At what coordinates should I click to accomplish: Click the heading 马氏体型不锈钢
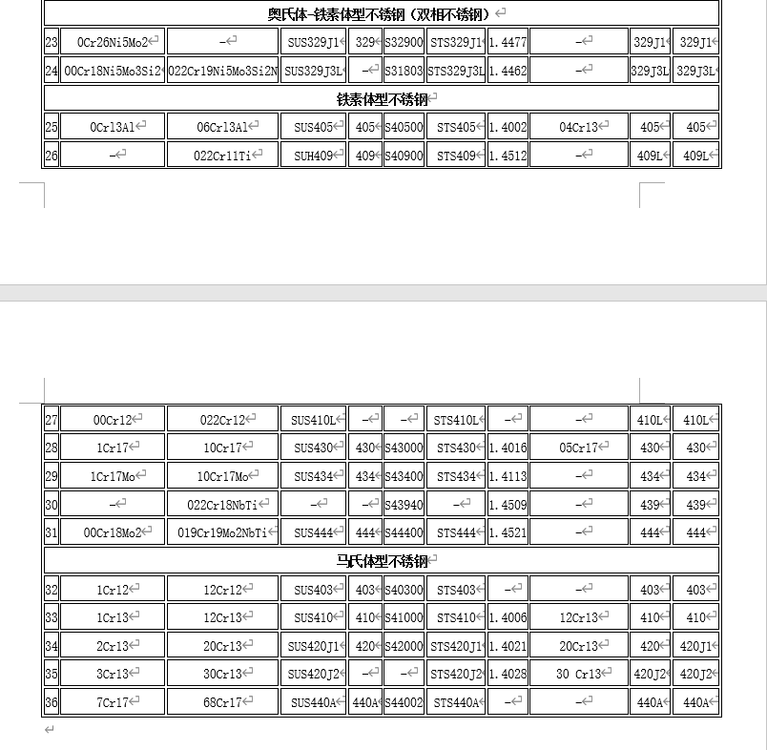pos(382,561)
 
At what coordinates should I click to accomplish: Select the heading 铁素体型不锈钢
pos(382,98)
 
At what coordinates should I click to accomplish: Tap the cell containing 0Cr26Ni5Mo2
pos(113,42)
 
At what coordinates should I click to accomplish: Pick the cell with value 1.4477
pos(508,42)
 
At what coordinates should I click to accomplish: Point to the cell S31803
pos(404,71)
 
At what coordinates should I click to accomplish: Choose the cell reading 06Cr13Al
pos(222,127)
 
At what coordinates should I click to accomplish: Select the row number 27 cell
pos(52,420)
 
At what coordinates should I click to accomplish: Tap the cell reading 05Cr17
pos(578,448)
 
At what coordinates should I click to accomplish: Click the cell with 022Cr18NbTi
pos(222,504)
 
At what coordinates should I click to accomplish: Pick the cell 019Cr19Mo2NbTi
pos(222,532)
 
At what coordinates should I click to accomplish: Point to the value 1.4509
pos(508,504)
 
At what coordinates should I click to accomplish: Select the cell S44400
pos(404,532)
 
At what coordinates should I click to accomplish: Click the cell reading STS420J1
pos(456,646)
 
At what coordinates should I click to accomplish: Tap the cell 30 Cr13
pos(578,674)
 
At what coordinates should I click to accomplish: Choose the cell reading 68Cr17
pos(222,703)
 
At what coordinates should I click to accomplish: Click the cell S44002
pos(404,703)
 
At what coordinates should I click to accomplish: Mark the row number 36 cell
pos(52,703)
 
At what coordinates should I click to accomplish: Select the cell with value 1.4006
pos(508,617)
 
